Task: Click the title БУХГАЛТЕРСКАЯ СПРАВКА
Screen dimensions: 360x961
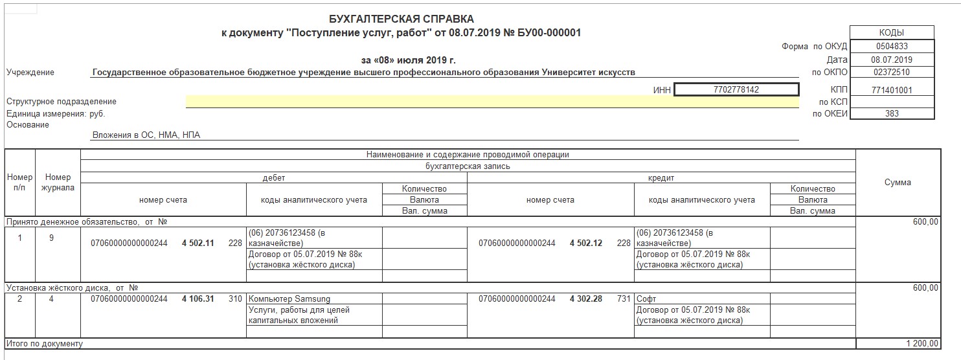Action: [402, 19]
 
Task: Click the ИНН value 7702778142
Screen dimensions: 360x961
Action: [736, 90]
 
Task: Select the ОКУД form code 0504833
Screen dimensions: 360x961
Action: [891, 47]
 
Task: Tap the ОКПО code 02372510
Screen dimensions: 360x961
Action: [891, 73]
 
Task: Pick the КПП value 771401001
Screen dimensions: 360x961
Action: [891, 91]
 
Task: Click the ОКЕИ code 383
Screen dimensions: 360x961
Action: [891, 113]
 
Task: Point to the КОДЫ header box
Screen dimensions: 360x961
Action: [891, 32]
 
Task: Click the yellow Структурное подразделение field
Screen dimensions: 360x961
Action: [492, 102]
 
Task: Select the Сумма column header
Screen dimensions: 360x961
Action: [897, 183]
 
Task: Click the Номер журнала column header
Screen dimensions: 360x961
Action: [58, 183]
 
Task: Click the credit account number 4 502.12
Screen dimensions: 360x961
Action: [585, 243]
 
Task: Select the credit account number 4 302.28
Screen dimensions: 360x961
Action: [585, 299]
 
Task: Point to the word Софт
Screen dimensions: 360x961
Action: [646, 299]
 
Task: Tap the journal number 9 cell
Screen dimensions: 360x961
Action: [51, 238]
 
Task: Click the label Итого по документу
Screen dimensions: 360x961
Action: [45, 343]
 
